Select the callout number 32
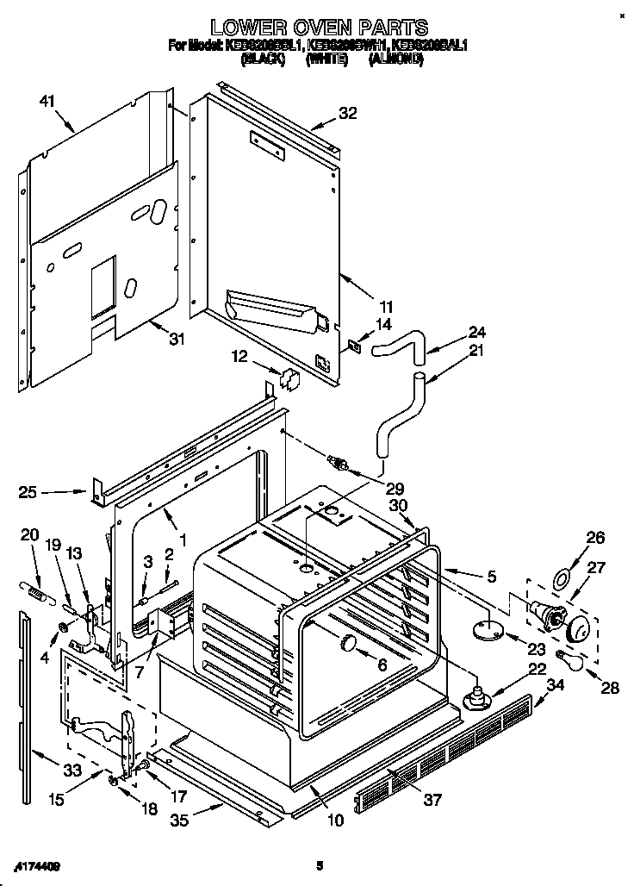pos(347,112)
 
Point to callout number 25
pos(28,493)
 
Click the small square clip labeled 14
pos(354,345)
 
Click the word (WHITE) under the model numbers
pos(326,59)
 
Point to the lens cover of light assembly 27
pos(581,631)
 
